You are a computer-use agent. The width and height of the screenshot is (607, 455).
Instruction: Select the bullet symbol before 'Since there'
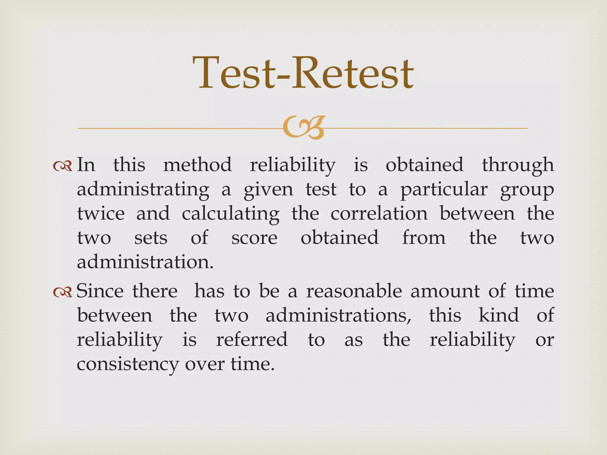63,292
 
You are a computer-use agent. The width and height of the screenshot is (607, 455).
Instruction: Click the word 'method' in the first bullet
197,165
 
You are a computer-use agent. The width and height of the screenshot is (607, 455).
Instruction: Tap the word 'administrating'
143,190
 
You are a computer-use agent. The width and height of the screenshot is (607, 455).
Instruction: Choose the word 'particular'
444,190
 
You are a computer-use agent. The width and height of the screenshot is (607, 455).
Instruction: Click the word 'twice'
101,214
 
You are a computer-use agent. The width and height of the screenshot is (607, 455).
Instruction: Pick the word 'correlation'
379,214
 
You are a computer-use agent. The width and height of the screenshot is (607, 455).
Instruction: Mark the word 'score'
254,238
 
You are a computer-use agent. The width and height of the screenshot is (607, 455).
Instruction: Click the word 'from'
424,238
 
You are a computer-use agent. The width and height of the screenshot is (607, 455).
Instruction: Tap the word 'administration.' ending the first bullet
145,262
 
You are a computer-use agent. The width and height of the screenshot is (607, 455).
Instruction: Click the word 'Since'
100,291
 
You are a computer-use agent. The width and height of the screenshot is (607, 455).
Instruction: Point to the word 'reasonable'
354,291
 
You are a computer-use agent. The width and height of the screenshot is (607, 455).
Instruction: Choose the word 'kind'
499,315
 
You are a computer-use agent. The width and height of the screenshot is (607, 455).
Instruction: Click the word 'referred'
252,339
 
